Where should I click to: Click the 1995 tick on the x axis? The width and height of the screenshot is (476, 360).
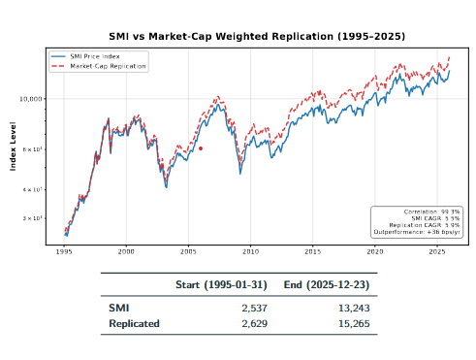(x=64, y=250)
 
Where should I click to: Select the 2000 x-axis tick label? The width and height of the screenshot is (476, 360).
(x=126, y=250)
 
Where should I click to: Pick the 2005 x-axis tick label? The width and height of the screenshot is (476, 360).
(x=188, y=250)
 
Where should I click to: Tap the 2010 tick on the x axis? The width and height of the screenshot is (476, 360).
(x=250, y=250)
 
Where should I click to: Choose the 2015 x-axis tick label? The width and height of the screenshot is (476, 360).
(x=312, y=250)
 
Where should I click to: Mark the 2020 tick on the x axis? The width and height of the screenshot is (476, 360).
(x=374, y=250)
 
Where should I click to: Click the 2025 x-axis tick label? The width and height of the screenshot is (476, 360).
(x=436, y=250)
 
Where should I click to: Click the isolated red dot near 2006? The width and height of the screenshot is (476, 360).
(x=200, y=148)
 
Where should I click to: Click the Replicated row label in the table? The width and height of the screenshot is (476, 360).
(x=134, y=323)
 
